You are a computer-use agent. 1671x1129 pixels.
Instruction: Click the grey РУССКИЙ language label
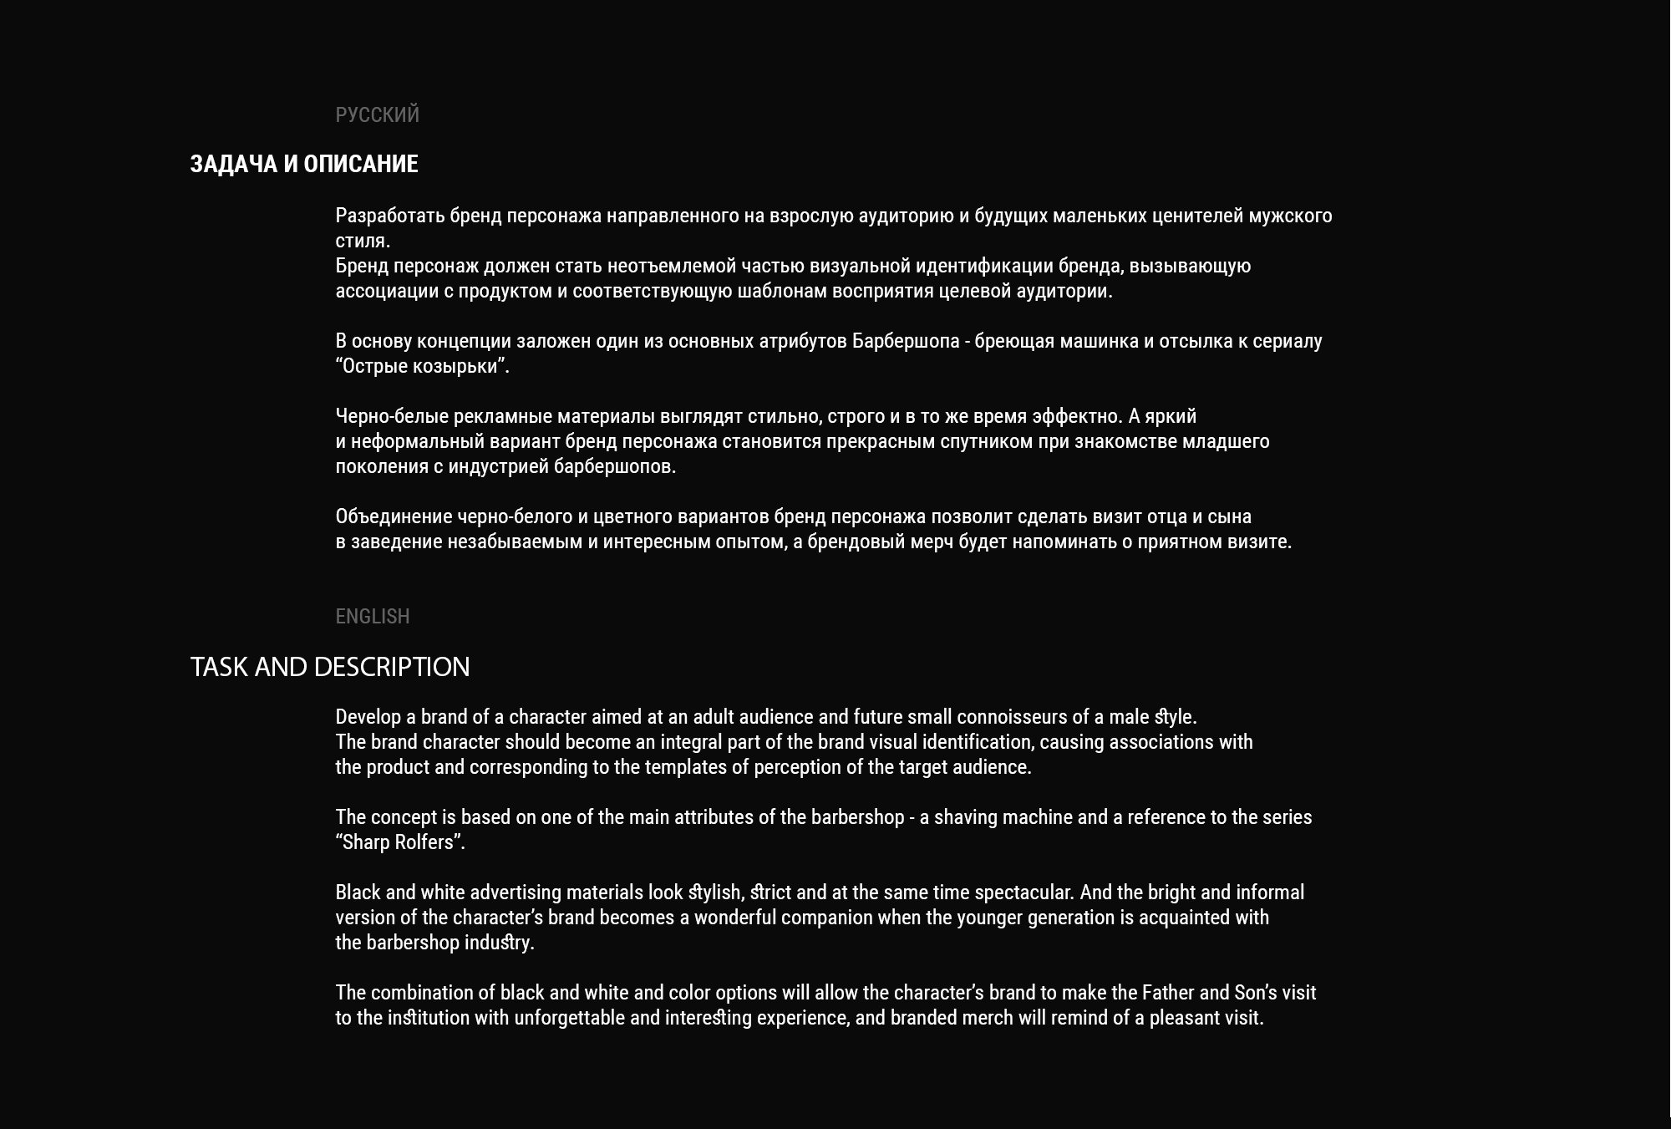point(377,114)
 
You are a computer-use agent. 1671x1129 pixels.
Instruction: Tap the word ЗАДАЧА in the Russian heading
point(233,164)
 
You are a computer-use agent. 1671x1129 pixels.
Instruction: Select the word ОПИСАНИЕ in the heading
point(360,164)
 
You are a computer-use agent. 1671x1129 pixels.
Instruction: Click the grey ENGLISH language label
point(373,616)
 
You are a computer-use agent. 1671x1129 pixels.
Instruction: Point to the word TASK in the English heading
point(219,667)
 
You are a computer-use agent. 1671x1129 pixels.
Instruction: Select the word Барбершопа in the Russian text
point(906,341)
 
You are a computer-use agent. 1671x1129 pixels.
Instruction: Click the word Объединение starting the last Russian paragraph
point(394,516)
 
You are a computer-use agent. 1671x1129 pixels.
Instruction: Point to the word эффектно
point(1077,416)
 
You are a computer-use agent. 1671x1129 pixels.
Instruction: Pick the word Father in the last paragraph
point(1167,993)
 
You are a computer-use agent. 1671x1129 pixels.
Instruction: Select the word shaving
point(965,817)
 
